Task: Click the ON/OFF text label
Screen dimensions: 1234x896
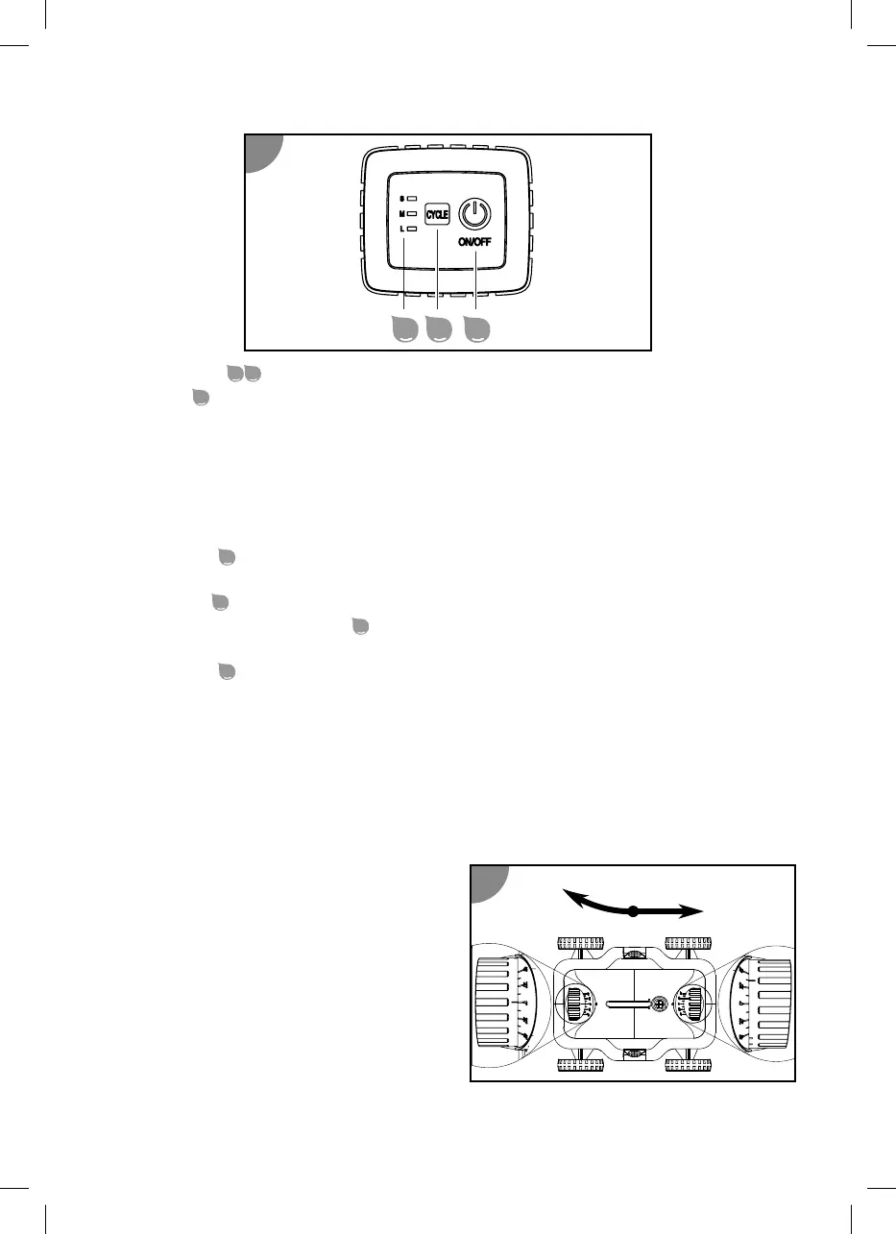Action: click(x=474, y=242)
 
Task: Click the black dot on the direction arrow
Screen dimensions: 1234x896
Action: click(x=633, y=911)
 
